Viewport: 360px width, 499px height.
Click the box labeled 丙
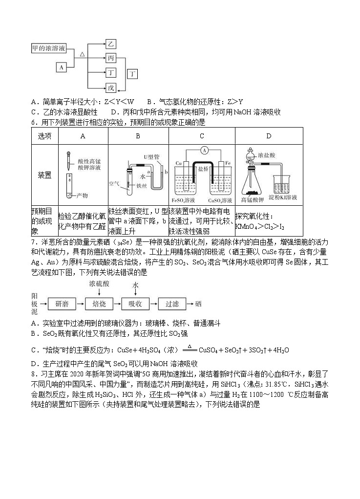111,59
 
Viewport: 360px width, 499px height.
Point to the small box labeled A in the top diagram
61,67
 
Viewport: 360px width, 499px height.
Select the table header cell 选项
44,136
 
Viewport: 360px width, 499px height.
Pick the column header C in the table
201,136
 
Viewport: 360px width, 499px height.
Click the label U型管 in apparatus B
151,156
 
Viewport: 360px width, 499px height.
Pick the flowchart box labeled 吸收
135,304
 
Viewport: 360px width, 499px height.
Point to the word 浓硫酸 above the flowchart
99,283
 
